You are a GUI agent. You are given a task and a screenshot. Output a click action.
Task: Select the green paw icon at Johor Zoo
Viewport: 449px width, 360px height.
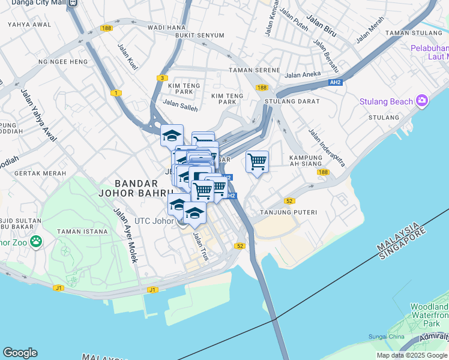pos(36,242)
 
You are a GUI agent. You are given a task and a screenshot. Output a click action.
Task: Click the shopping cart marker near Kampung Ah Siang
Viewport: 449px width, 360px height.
pos(257,161)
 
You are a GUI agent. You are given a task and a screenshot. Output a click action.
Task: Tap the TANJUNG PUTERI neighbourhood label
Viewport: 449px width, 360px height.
pos(288,212)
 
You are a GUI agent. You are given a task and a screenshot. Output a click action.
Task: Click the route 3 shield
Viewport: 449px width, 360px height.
pos(161,78)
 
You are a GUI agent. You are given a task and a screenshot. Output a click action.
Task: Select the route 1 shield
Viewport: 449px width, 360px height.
pos(115,93)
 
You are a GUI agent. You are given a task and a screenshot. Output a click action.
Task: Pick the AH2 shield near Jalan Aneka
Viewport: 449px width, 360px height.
pos(336,82)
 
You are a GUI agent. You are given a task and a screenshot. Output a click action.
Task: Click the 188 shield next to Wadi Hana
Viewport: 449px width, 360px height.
pos(107,28)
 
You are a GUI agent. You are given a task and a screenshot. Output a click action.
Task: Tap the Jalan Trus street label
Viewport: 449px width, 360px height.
pos(200,246)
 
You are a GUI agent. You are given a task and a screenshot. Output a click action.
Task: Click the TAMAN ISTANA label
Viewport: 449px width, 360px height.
pos(82,231)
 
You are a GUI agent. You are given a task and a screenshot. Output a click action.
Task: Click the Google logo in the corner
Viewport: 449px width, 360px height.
pos(20,353)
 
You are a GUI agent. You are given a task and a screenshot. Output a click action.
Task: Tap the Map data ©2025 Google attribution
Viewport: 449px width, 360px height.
pos(411,355)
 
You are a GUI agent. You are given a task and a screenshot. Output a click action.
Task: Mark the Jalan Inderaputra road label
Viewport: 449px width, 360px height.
pos(327,147)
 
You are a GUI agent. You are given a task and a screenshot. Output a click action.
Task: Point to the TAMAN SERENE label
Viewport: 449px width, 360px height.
pos(255,70)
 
